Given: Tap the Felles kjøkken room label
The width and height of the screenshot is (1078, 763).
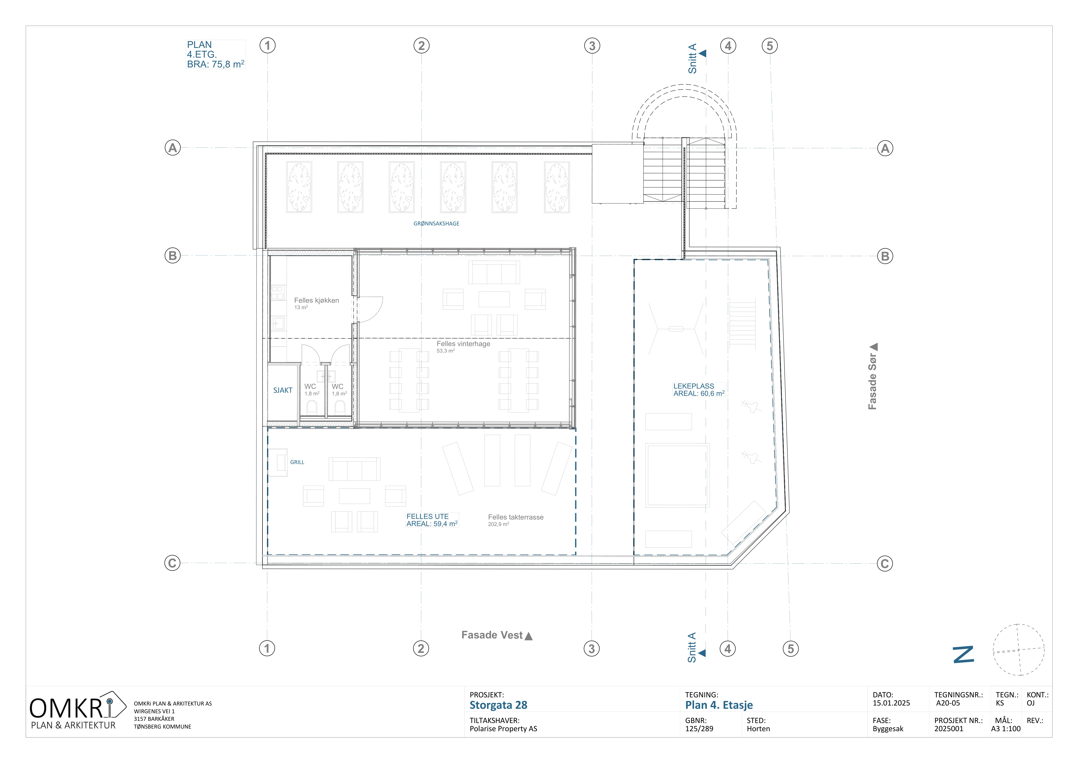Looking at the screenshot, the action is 316,300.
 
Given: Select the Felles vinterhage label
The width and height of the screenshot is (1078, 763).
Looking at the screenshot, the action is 463,344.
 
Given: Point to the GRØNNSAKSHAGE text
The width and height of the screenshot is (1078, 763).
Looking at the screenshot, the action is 436,224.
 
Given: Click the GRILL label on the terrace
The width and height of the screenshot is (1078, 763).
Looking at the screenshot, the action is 297,462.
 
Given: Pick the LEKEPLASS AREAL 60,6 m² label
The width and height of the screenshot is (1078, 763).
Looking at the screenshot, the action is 699,390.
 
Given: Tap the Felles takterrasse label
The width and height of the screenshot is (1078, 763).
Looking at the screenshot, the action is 516,517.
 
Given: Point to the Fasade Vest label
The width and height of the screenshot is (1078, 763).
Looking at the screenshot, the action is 492,635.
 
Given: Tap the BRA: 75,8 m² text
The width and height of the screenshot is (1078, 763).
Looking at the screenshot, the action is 216,64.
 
